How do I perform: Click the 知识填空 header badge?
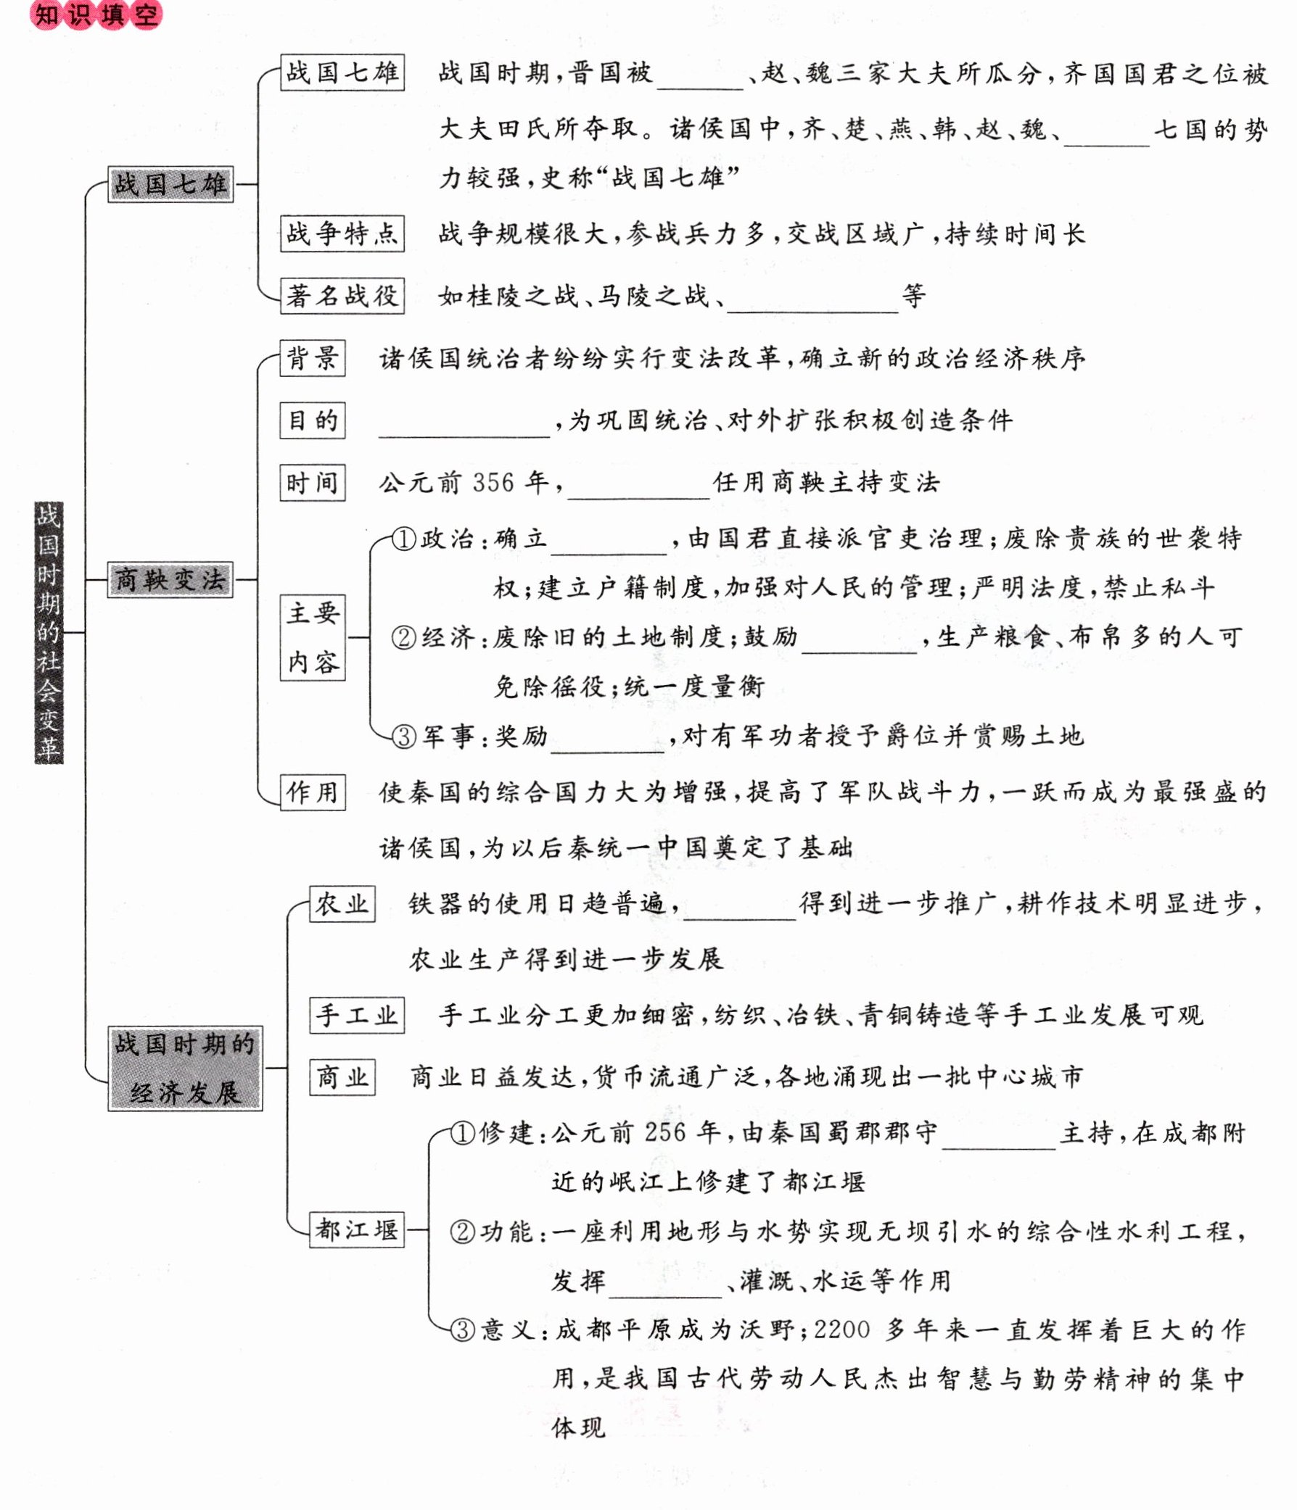96,14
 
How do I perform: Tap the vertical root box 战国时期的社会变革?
49,632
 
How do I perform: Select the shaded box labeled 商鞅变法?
170,579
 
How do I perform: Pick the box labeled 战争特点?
342,233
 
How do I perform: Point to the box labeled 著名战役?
342,296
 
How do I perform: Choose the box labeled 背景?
312,358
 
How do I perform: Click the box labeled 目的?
312,420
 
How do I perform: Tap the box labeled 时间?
312,483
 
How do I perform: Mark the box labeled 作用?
312,792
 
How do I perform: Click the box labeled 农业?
341,905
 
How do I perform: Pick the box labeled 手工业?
355,1015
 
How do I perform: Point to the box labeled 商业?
341,1077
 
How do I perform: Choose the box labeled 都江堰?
355,1230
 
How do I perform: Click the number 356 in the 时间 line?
493,483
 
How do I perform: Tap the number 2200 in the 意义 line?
841,1330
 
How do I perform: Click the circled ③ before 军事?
403,737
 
